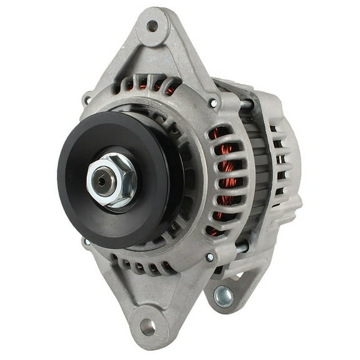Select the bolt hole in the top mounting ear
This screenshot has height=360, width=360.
click(x=152, y=27)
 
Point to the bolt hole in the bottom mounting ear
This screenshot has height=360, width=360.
click(x=148, y=326)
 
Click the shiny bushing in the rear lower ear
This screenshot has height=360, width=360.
click(x=224, y=296)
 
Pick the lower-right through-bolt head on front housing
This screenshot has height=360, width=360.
click(x=209, y=257)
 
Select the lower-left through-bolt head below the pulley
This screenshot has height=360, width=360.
click(x=87, y=241)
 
